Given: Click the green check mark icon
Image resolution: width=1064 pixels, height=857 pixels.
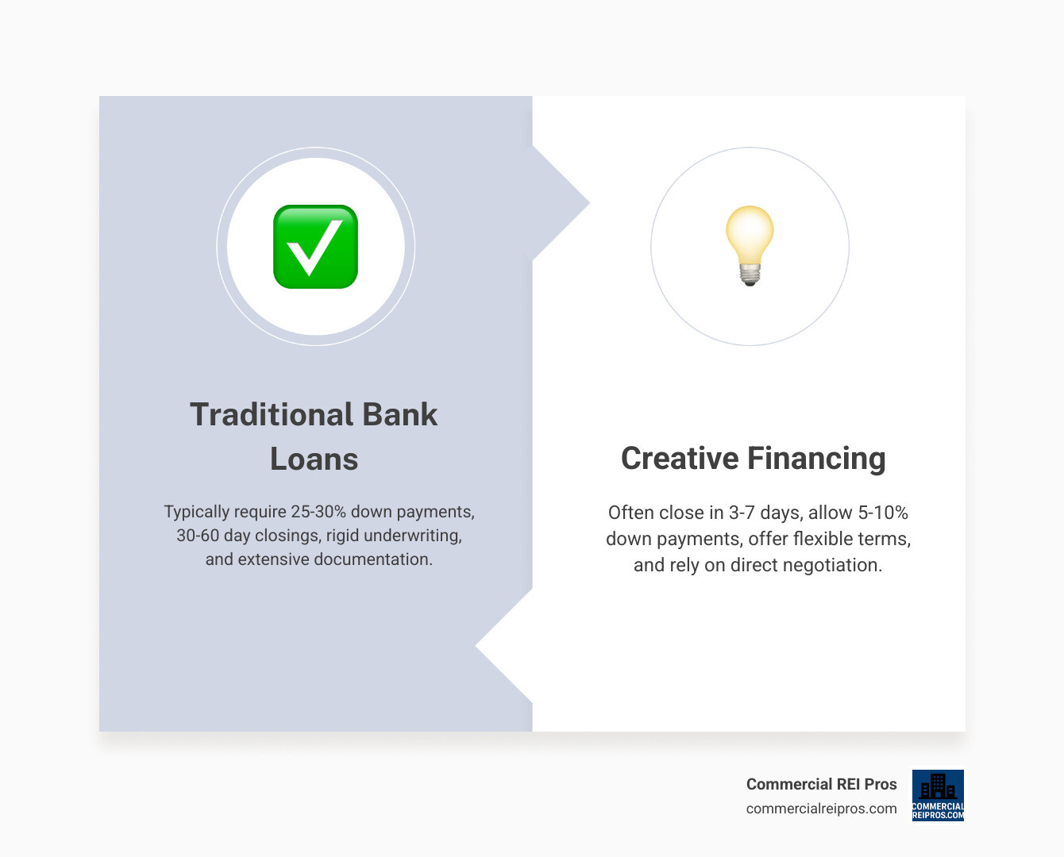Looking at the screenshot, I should click(x=315, y=247).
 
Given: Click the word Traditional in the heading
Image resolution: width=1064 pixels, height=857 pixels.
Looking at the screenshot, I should click(x=271, y=414).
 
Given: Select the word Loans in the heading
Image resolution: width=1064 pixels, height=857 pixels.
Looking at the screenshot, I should click(x=314, y=459).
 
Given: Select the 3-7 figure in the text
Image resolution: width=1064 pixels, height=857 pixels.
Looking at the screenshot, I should click(x=742, y=513).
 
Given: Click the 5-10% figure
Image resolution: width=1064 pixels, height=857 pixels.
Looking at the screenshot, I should click(x=882, y=513).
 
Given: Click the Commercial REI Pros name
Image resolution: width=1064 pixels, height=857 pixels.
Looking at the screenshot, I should click(x=821, y=784).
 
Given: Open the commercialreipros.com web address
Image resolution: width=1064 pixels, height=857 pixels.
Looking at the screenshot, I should click(x=821, y=809).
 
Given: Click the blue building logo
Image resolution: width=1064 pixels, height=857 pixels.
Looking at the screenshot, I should click(x=938, y=794).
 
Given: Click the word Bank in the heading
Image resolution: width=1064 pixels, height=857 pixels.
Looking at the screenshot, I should click(x=399, y=414).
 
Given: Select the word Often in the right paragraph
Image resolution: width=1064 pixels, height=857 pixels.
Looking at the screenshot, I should click(x=632, y=513).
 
